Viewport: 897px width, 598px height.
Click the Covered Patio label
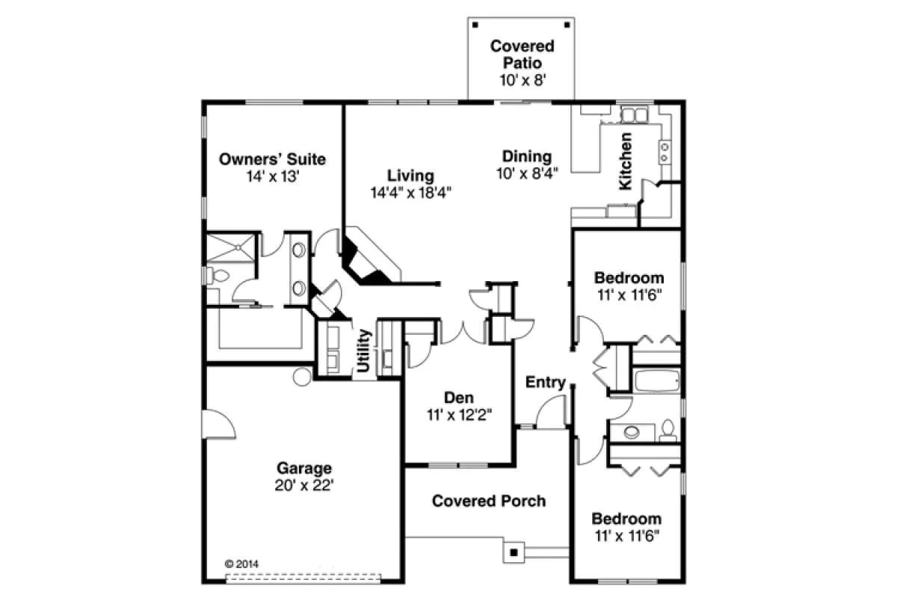(x=523, y=55)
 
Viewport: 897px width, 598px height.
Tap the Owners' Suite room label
(x=272, y=159)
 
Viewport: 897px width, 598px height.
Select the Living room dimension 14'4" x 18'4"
(x=411, y=193)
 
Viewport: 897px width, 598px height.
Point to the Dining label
(x=527, y=156)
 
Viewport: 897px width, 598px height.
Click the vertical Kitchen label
(x=626, y=161)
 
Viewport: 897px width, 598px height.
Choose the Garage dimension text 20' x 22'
(x=304, y=485)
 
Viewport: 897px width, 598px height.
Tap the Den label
(x=459, y=398)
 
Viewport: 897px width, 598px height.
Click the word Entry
(x=546, y=382)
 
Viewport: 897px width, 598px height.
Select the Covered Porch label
(x=489, y=501)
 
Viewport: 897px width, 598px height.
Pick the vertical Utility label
(x=363, y=351)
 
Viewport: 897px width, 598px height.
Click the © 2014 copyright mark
(x=242, y=564)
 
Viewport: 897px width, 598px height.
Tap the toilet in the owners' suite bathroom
(x=218, y=276)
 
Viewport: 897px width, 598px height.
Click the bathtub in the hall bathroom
(x=657, y=380)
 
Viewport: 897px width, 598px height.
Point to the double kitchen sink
(x=635, y=115)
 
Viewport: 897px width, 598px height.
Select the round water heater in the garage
(x=302, y=377)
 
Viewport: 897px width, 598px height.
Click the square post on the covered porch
(x=514, y=552)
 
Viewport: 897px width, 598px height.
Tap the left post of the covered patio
(x=475, y=25)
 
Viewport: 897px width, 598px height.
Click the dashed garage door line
(x=303, y=578)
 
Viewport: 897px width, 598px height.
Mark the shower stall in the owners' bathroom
(x=231, y=248)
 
